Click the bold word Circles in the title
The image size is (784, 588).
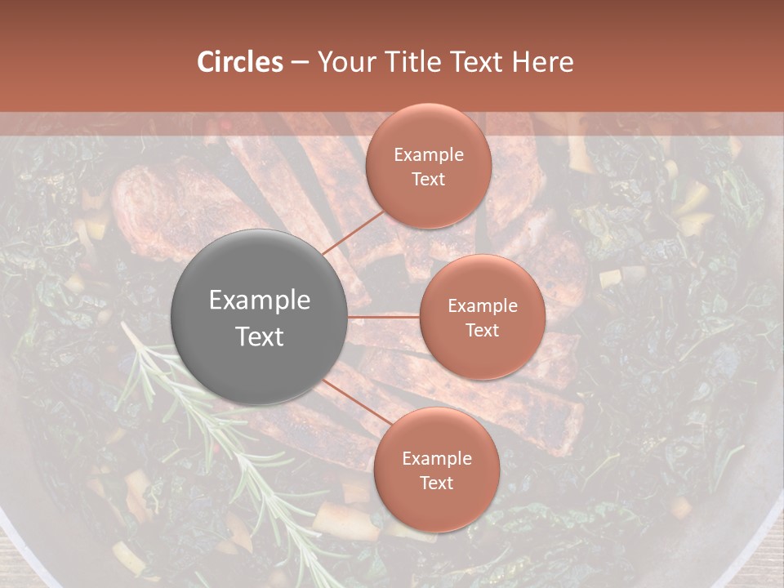click(x=239, y=62)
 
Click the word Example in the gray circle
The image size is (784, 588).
click(x=260, y=301)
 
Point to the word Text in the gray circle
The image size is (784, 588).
click(x=260, y=336)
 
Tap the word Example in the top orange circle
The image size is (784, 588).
click(x=429, y=155)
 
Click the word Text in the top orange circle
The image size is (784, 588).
click(x=429, y=179)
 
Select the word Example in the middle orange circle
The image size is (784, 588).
click(x=483, y=306)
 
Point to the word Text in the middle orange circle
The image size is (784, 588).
click(x=483, y=330)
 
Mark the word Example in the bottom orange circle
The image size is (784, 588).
click(x=437, y=459)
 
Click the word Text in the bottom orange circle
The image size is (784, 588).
click(x=437, y=483)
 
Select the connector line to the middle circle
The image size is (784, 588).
click(x=384, y=316)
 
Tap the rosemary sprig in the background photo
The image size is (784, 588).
click(x=204, y=425)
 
